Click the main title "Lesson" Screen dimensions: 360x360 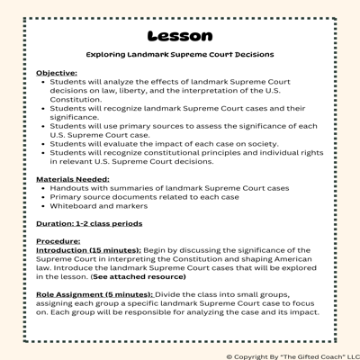pos(179,36)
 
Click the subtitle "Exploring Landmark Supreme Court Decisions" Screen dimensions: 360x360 pos(179,55)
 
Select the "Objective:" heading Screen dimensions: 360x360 pos(56,72)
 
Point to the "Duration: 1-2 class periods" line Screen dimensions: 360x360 pos(88,223)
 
